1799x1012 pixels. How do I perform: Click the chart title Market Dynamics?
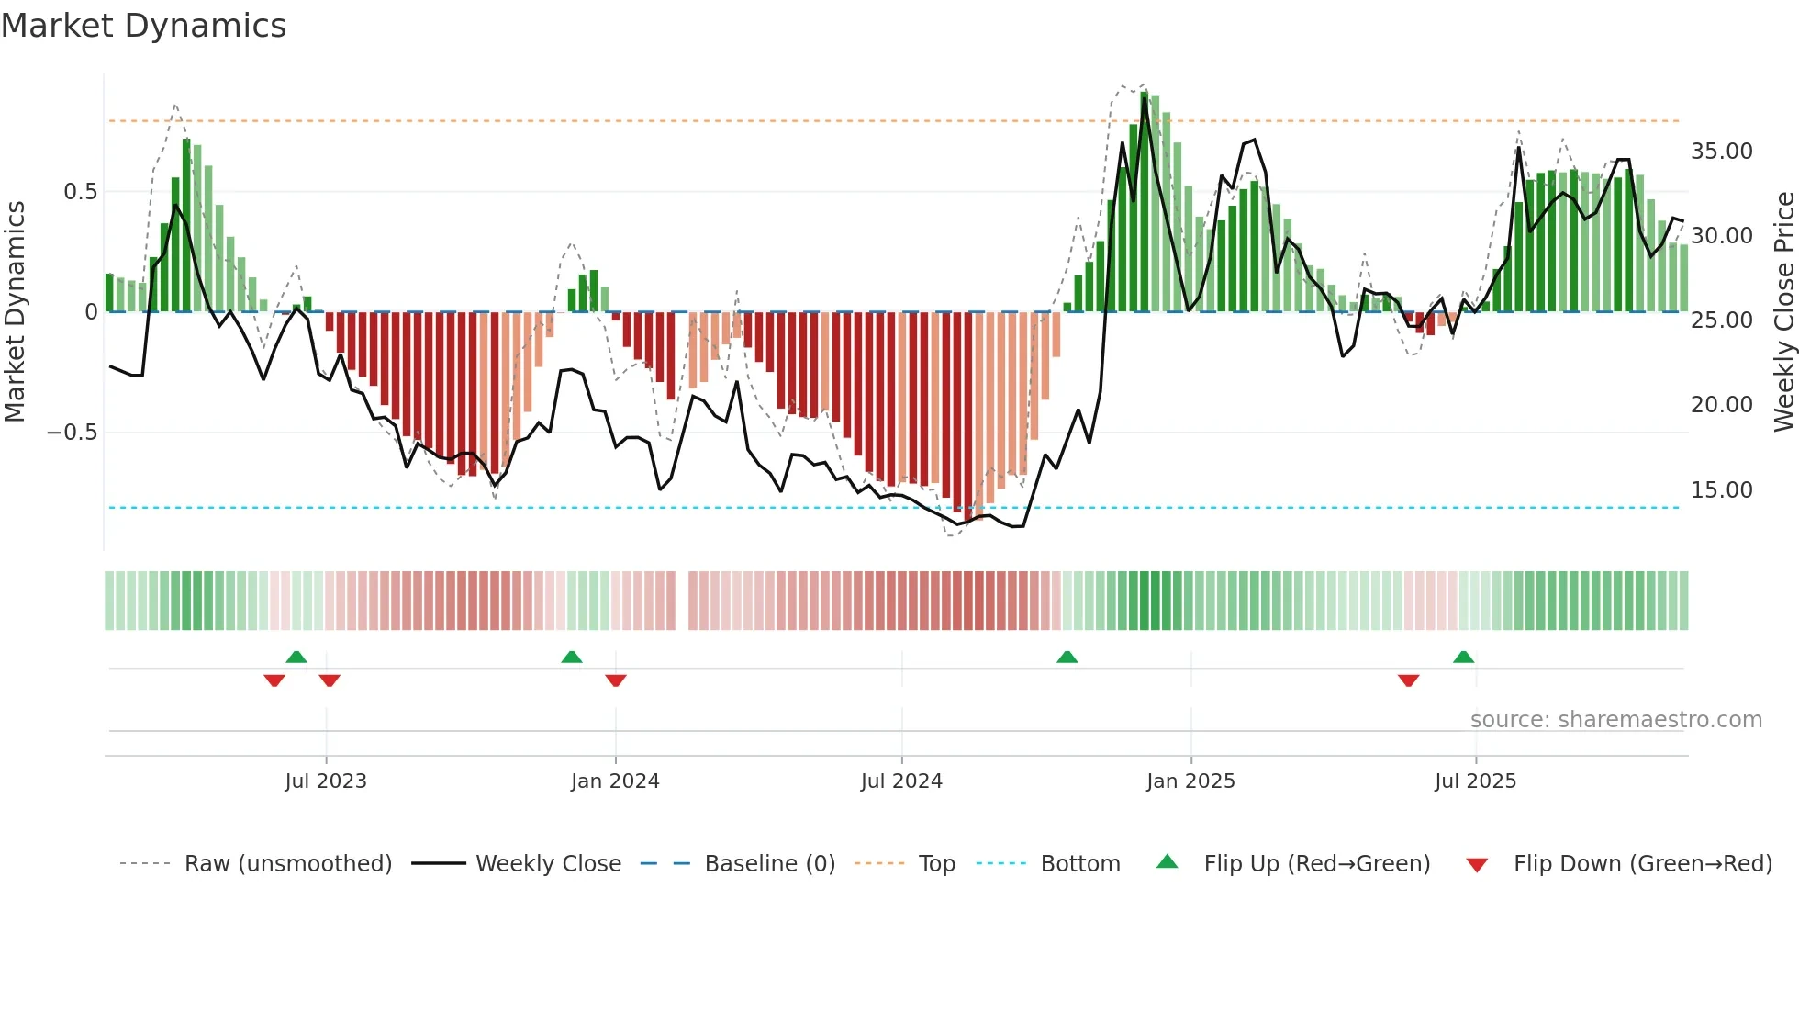click(144, 26)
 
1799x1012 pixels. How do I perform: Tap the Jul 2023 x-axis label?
click(326, 781)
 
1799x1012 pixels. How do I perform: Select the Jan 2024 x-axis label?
click(615, 781)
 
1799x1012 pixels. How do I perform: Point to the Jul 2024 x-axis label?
click(901, 781)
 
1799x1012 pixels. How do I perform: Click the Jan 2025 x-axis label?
click(1190, 781)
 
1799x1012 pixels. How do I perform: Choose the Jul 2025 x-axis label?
click(1475, 781)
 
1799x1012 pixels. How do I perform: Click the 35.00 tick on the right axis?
click(1721, 152)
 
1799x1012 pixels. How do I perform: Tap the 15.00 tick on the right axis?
click(1721, 490)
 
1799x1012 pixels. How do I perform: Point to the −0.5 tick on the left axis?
click(73, 433)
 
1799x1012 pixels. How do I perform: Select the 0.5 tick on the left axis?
click(80, 192)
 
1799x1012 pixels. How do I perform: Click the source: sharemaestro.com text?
click(1615, 720)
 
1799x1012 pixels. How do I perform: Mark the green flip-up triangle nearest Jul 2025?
click(1463, 657)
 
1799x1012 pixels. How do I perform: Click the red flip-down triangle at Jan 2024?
click(616, 680)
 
